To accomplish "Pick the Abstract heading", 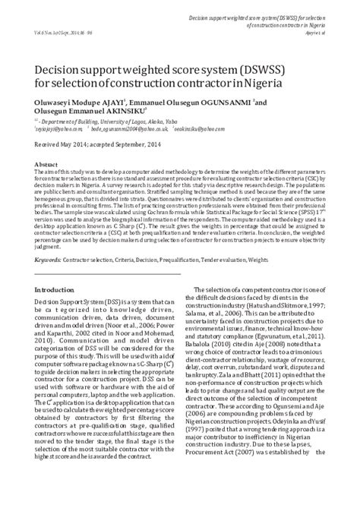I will click(x=46, y=163).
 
